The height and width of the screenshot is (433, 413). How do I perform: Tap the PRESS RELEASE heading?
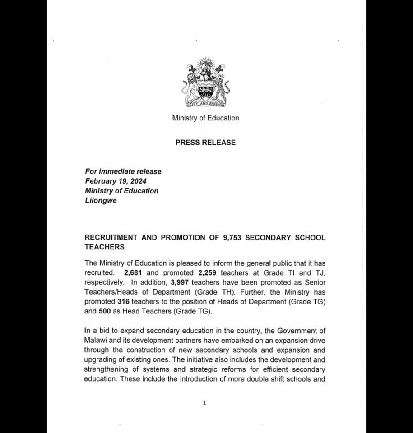pos(205,143)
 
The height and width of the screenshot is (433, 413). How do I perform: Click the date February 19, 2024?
pos(115,181)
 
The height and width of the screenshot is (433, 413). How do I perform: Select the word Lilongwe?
pos(100,200)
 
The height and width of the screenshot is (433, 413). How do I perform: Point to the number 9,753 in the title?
pos(232,238)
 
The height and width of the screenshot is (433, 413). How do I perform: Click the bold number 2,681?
pos(133,273)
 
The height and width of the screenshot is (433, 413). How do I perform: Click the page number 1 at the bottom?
pos(204,403)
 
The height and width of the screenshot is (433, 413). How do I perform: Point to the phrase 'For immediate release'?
pos(123,171)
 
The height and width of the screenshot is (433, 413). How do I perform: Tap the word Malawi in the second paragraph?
pos(95,341)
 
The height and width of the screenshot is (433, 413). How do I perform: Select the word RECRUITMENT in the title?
pos(110,238)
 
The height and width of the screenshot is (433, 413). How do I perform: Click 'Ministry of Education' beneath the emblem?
pos(205,118)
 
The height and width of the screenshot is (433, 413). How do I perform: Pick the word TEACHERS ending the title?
pos(104,247)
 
